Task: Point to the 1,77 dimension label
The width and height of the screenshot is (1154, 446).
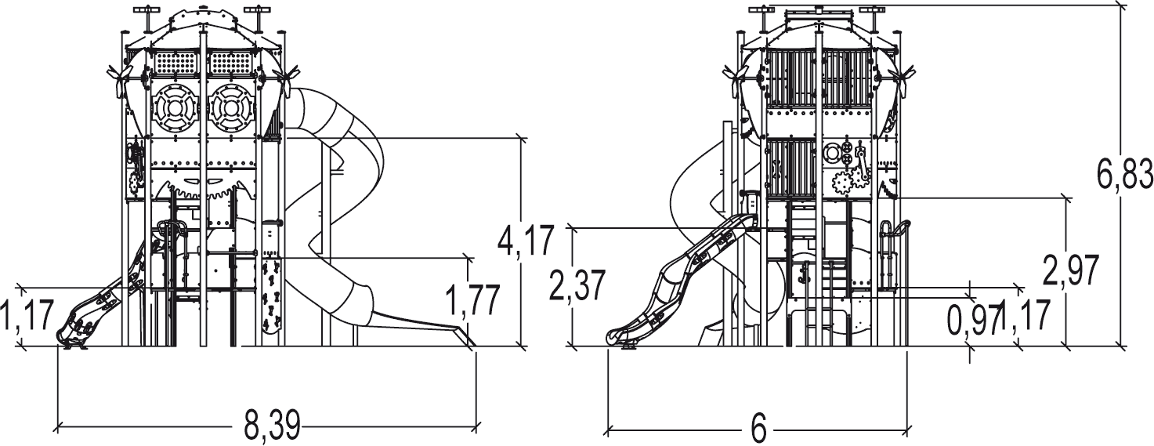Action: (x=472, y=300)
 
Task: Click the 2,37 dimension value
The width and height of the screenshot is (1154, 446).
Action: (x=577, y=288)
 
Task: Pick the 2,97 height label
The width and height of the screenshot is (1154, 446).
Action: (x=1070, y=270)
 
